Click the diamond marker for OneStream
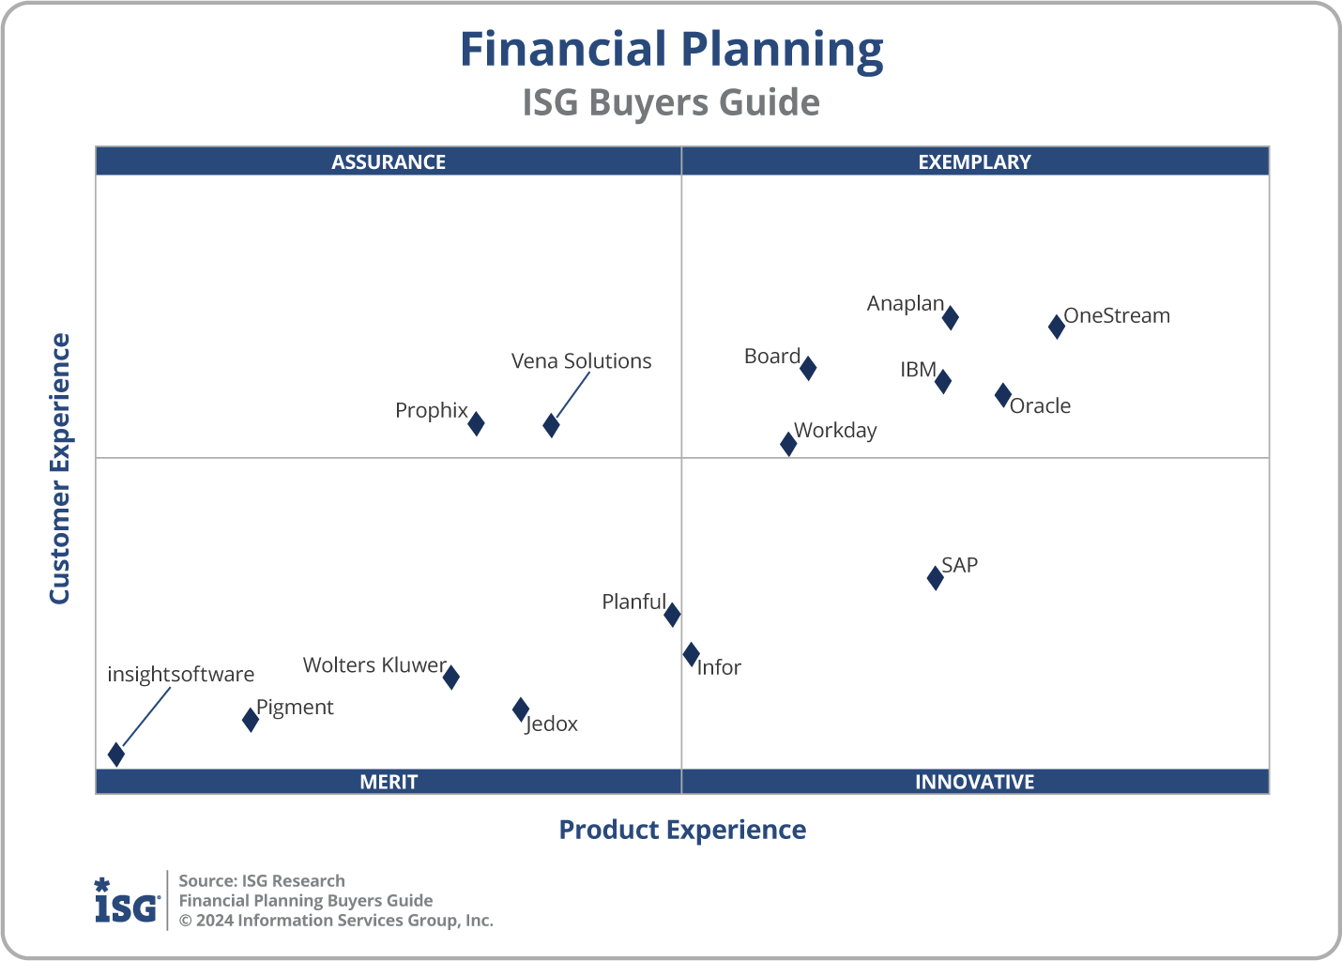tap(1056, 327)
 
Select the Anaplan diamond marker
tap(950, 317)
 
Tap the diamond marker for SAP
tap(935, 577)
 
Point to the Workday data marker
tap(788, 444)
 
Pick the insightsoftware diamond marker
tap(116, 755)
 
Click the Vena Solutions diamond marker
tap(551, 425)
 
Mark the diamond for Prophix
tap(476, 423)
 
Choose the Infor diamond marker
tap(691, 654)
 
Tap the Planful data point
tap(672, 615)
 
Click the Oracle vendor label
tap(1040, 405)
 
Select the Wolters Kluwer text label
tap(374, 665)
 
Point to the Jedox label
tap(552, 724)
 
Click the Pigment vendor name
tap(295, 708)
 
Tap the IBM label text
tap(918, 370)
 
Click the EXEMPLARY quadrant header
tap(974, 161)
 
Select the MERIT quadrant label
tap(389, 782)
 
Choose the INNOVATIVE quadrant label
tap(974, 782)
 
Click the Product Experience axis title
tap(682, 830)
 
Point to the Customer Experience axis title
tap(60, 469)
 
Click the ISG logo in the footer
tap(127, 901)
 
